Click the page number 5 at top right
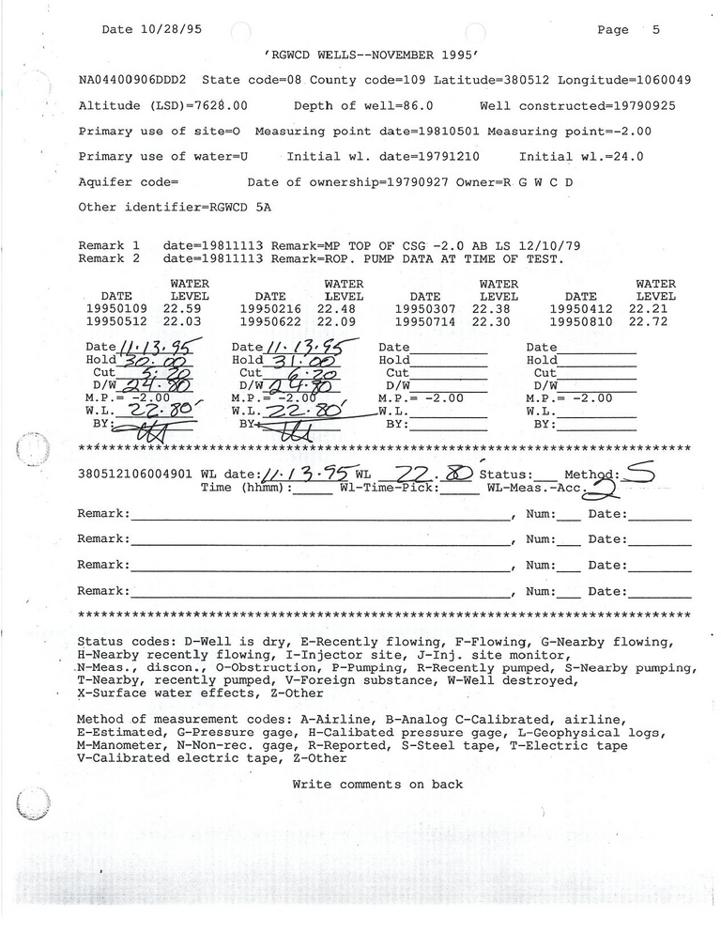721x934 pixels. pyautogui.click(x=655, y=29)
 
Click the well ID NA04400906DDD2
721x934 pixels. pyautogui.click(x=132, y=81)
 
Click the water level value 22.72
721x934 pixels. pyautogui.click(x=652, y=321)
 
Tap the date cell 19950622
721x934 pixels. pyautogui.click(x=271, y=321)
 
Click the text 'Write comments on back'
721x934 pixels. pyautogui.click(x=377, y=784)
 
